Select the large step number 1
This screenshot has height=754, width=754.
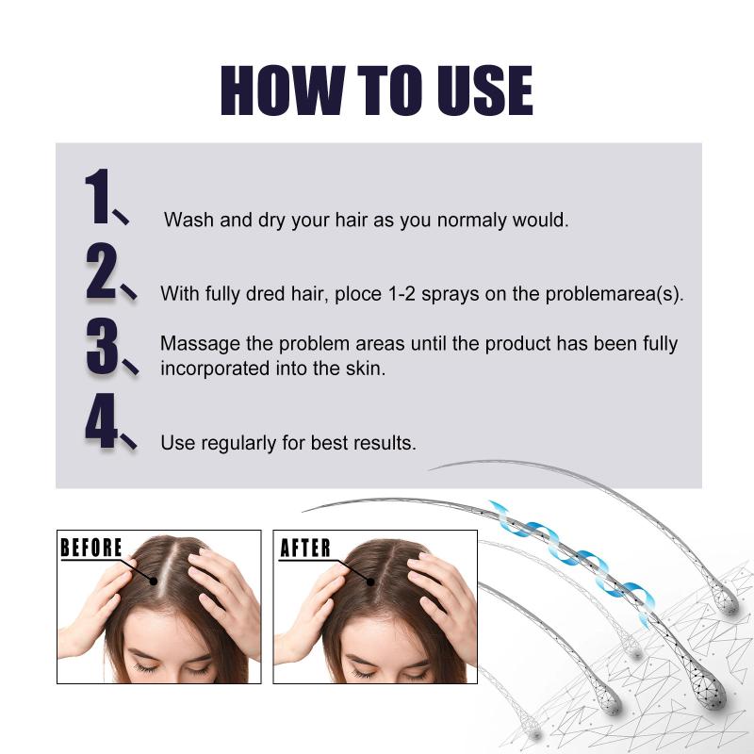pos(98,196)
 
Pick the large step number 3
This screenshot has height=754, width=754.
pos(103,346)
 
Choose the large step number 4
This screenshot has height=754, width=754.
pos(101,420)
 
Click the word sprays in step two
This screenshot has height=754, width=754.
pos(451,295)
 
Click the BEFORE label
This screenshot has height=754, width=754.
pos(91,548)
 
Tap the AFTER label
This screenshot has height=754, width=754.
pos(305,548)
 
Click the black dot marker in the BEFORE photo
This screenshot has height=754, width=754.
pos(154,581)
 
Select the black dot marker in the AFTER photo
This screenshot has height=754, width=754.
pos(370,582)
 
